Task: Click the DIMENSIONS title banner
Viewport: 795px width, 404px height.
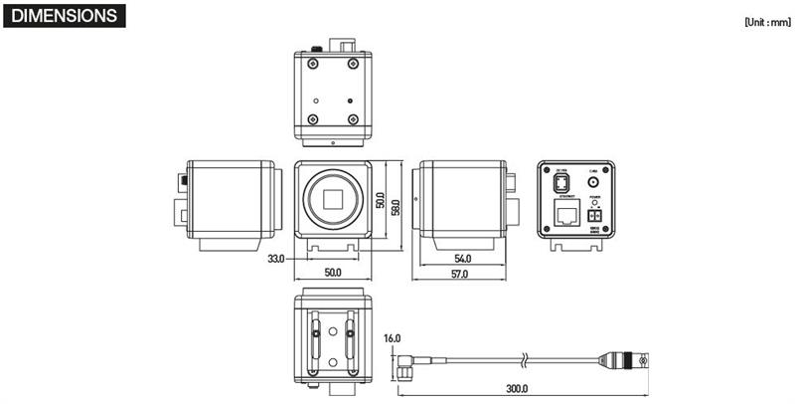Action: (65, 17)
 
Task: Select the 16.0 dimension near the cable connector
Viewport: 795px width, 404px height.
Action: (392, 338)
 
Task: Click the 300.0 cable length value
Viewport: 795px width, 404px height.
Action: (518, 389)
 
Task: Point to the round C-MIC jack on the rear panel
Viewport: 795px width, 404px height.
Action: (594, 182)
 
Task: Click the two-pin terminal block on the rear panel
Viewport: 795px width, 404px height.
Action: (595, 215)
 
